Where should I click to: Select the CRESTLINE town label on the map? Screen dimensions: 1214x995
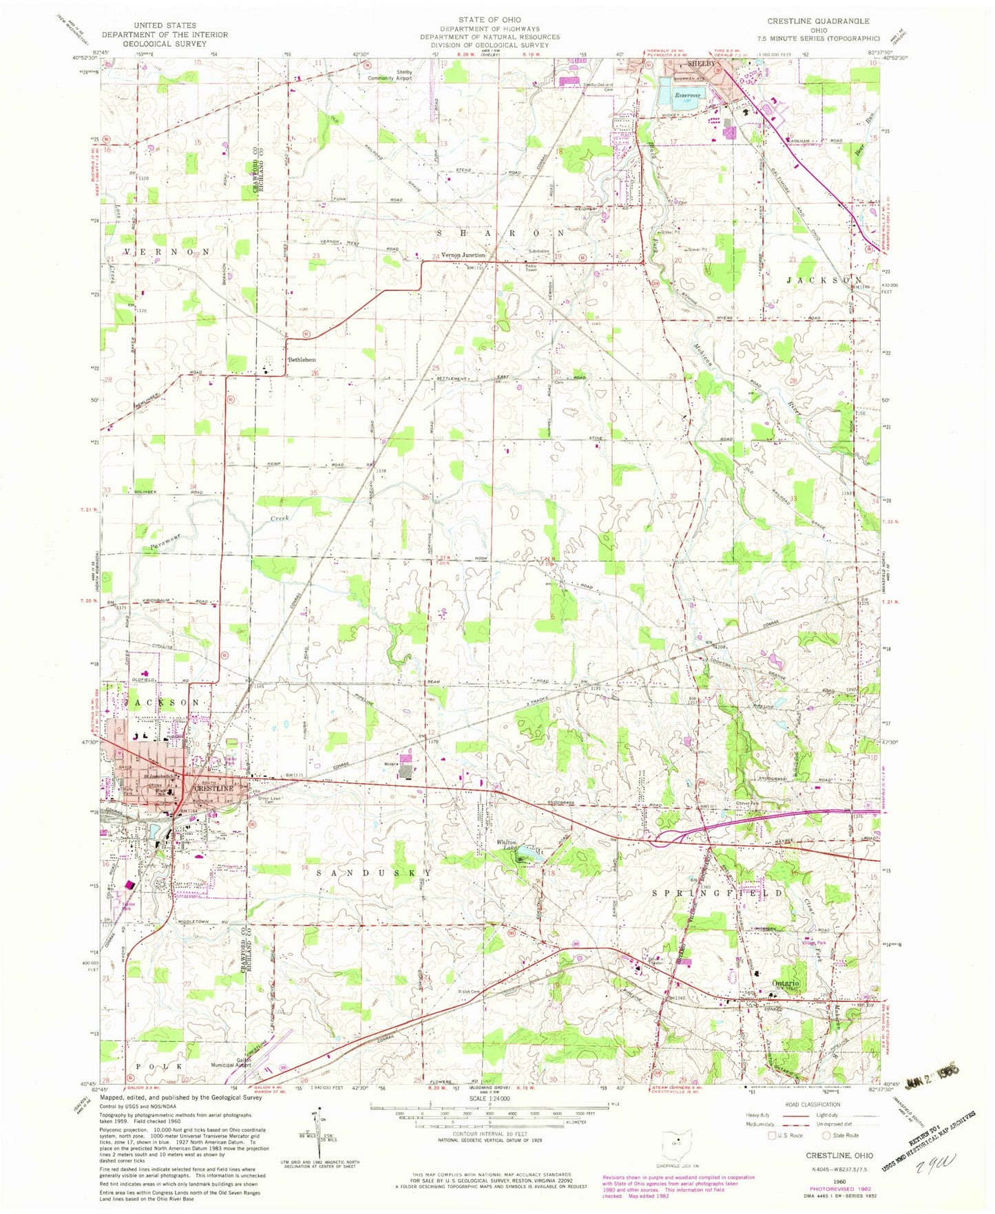(211, 787)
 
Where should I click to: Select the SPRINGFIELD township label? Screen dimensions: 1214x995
(718, 893)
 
